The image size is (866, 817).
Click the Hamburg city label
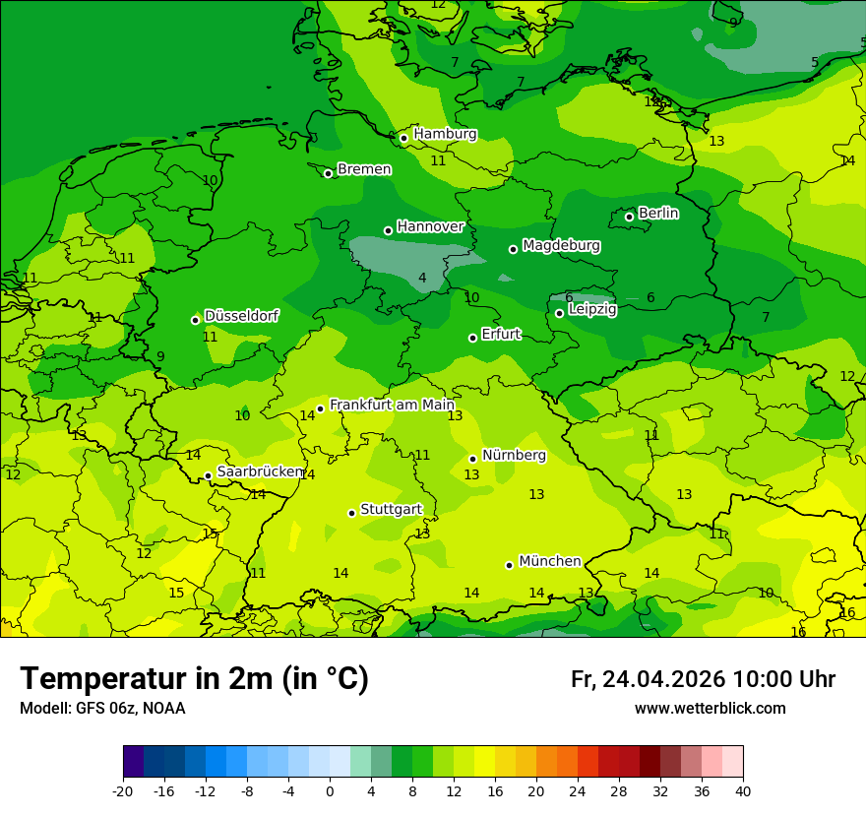click(445, 134)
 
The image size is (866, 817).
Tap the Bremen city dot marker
click(328, 173)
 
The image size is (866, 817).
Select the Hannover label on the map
click(430, 226)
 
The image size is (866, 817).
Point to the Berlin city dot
click(629, 217)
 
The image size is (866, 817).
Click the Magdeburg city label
click(561, 245)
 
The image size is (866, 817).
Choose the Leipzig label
click(592, 309)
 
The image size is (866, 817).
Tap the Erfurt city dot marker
click(472, 338)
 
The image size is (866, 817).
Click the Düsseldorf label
click(241, 316)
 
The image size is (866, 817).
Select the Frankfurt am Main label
click(392, 405)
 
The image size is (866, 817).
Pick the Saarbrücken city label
click(260, 471)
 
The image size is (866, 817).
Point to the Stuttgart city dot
click(351, 513)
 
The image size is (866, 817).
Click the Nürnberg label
click(514, 455)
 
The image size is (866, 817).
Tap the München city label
click(549, 561)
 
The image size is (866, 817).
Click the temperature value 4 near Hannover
click(422, 279)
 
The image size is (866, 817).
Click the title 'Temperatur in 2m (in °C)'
click(194, 678)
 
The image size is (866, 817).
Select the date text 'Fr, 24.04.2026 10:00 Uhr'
click(703, 679)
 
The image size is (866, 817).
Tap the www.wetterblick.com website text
click(710, 709)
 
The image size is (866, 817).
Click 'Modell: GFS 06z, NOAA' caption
click(102, 709)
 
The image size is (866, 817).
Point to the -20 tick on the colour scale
click(123, 790)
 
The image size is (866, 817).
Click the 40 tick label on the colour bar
click(742, 790)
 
